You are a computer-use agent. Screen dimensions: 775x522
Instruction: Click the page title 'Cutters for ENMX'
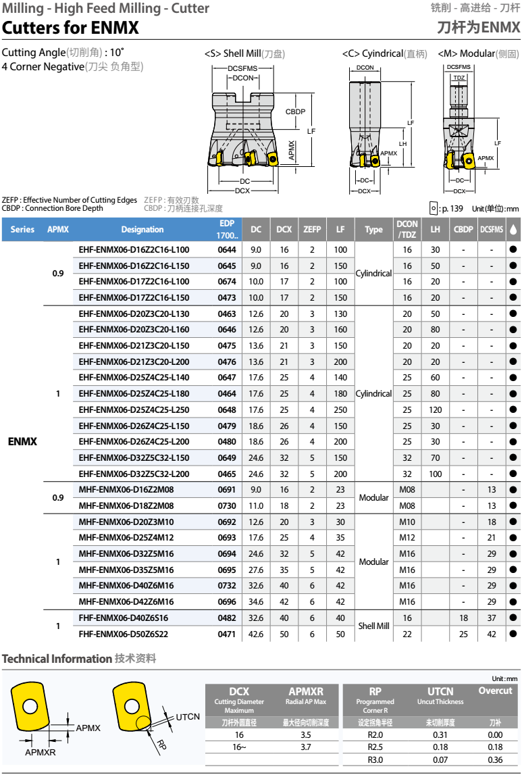click(70, 28)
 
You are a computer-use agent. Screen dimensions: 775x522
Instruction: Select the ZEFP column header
click(312, 229)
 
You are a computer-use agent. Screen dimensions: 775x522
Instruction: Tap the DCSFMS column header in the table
click(491, 229)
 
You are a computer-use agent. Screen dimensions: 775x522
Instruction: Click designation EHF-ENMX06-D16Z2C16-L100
click(134, 249)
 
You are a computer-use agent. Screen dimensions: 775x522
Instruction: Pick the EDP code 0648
click(227, 409)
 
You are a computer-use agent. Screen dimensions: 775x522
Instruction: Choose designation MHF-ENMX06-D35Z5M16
click(126, 570)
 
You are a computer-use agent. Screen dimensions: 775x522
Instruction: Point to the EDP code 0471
click(227, 634)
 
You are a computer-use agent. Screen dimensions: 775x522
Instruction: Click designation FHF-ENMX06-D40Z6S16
click(124, 618)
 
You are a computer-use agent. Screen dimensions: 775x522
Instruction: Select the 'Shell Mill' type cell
click(373, 626)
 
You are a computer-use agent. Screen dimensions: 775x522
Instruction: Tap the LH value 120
click(435, 409)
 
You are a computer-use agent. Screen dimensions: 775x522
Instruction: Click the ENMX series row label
click(22, 441)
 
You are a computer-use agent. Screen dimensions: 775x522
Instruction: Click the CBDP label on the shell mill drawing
click(295, 111)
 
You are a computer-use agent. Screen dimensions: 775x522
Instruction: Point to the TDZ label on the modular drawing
click(459, 78)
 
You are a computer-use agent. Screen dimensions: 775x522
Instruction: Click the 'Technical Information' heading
click(57, 658)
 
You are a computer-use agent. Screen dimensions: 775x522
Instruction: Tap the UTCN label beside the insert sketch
click(188, 716)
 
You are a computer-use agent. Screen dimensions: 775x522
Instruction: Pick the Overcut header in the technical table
click(495, 691)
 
